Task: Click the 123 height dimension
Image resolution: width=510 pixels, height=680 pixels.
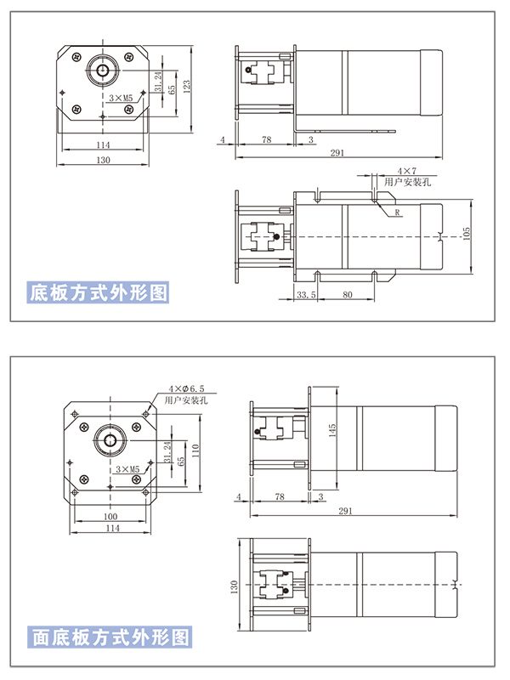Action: [186, 88]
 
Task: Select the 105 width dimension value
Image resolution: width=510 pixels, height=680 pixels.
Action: [466, 235]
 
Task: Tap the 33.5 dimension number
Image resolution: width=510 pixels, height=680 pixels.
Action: [306, 295]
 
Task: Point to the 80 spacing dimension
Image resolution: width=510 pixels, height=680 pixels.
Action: [348, 295]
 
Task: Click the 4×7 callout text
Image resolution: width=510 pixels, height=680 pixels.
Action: [407, 172]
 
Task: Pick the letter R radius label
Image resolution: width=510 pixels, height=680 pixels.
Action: [397, 212]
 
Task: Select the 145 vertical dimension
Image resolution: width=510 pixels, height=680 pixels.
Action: [332, 430]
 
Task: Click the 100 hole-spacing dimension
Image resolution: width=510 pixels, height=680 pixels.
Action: [110, 516]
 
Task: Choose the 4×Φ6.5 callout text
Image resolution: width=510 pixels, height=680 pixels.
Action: [186, 388]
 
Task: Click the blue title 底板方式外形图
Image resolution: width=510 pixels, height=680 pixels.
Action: [98, 292]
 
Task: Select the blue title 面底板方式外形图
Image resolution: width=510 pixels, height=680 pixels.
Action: [110, 637]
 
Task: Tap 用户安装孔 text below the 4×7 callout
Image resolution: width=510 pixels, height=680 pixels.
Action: [408, 182]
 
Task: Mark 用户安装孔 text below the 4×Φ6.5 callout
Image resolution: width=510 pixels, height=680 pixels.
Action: [186, 399]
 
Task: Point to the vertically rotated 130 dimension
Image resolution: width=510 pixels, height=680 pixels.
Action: [235, 586]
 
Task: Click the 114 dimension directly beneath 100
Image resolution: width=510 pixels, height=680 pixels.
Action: [113, 528]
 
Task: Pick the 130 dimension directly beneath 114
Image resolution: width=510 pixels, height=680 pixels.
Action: [103, 160]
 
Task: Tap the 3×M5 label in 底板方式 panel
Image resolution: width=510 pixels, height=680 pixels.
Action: [121, 98]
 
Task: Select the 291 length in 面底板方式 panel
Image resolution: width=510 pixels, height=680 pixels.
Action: [346, 511]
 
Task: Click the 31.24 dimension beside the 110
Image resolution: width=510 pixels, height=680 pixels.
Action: [167, 452]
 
